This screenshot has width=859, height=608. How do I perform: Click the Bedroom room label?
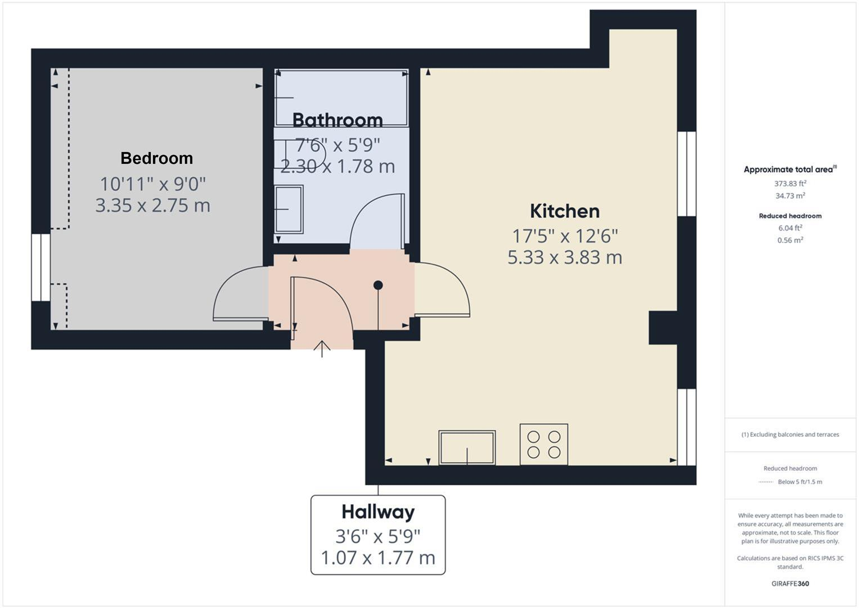click(x=156, y=158)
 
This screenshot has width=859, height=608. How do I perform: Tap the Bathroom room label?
click(x=338, y=120)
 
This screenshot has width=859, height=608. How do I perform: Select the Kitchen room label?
click(x=565, y=211)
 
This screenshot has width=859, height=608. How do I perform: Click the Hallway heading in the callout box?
click(x=378, y=512)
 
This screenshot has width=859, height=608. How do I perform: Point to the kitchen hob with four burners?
click(x=543, y=444)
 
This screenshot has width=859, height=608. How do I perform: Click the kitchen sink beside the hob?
click(x=467, y=448)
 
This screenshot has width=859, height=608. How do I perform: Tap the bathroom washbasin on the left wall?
click(x=289, y=209)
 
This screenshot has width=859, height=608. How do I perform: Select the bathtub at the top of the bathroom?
click(x=341, y=98)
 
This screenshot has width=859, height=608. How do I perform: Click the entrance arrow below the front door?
click(x=322, y=349)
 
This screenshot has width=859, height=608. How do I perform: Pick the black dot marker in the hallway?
click(x=378, y=285)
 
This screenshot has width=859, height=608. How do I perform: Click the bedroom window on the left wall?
click(x=41, y=267)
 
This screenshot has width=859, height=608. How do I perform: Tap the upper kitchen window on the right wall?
click(x=686, y=173)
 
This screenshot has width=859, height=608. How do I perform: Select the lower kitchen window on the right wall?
click(x=686, y=427)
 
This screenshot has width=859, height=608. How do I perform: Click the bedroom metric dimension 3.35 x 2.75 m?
click(x=152, y=205)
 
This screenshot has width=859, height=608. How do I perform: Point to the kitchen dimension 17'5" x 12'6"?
click(x=565, y=235)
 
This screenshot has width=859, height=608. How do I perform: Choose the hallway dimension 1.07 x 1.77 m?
click(x=378, y=558)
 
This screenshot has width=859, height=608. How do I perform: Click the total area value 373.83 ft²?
click(x=790, y=184)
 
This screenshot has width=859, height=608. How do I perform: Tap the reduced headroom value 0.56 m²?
click(x=790, y=240)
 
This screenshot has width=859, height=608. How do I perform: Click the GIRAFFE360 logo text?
click(x=790, y=583)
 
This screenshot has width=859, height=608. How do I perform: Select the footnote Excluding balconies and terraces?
click(x=790, y=435)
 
